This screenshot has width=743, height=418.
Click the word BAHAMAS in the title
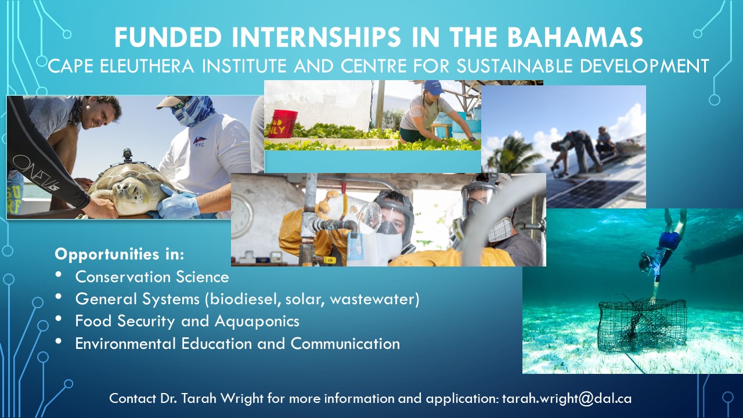(x=575, y=37)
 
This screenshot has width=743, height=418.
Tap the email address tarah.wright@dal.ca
(x=567, y=398)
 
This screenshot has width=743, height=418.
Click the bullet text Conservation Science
(x=152, y=277)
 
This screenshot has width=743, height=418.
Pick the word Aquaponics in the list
(x=257, y=322)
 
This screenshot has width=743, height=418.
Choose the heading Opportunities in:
(x=120, y=254)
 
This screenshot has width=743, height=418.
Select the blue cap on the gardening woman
(x=433, y=87)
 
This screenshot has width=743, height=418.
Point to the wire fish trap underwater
(x=641, y=325)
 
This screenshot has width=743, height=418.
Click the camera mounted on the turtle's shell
(x=127, y=155)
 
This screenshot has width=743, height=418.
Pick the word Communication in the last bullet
(x=345, y=344)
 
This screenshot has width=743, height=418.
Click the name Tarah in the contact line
(x=198, y=398)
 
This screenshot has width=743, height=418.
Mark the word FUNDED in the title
(x=168, y=37)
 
